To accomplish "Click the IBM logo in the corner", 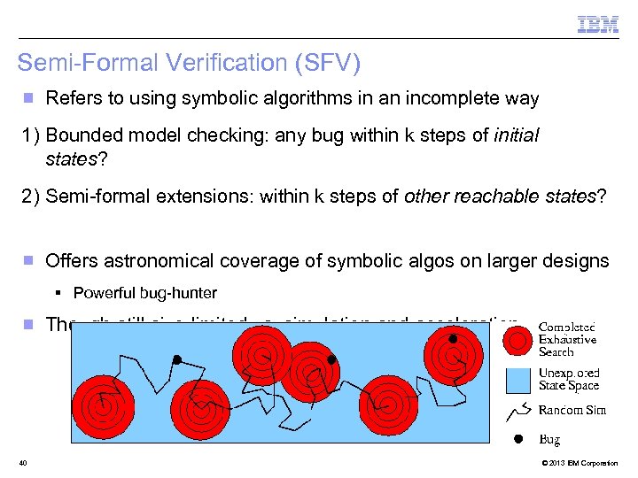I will tap(598, 25).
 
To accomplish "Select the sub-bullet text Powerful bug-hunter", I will tap(144, 293).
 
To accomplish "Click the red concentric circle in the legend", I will tap(518, 340).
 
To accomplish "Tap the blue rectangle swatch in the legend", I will tap(518, 381).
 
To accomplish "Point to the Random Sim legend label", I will tap(572, 410).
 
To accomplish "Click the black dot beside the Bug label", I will tap(518, 439).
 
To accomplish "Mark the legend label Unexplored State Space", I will tap(569, 380).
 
